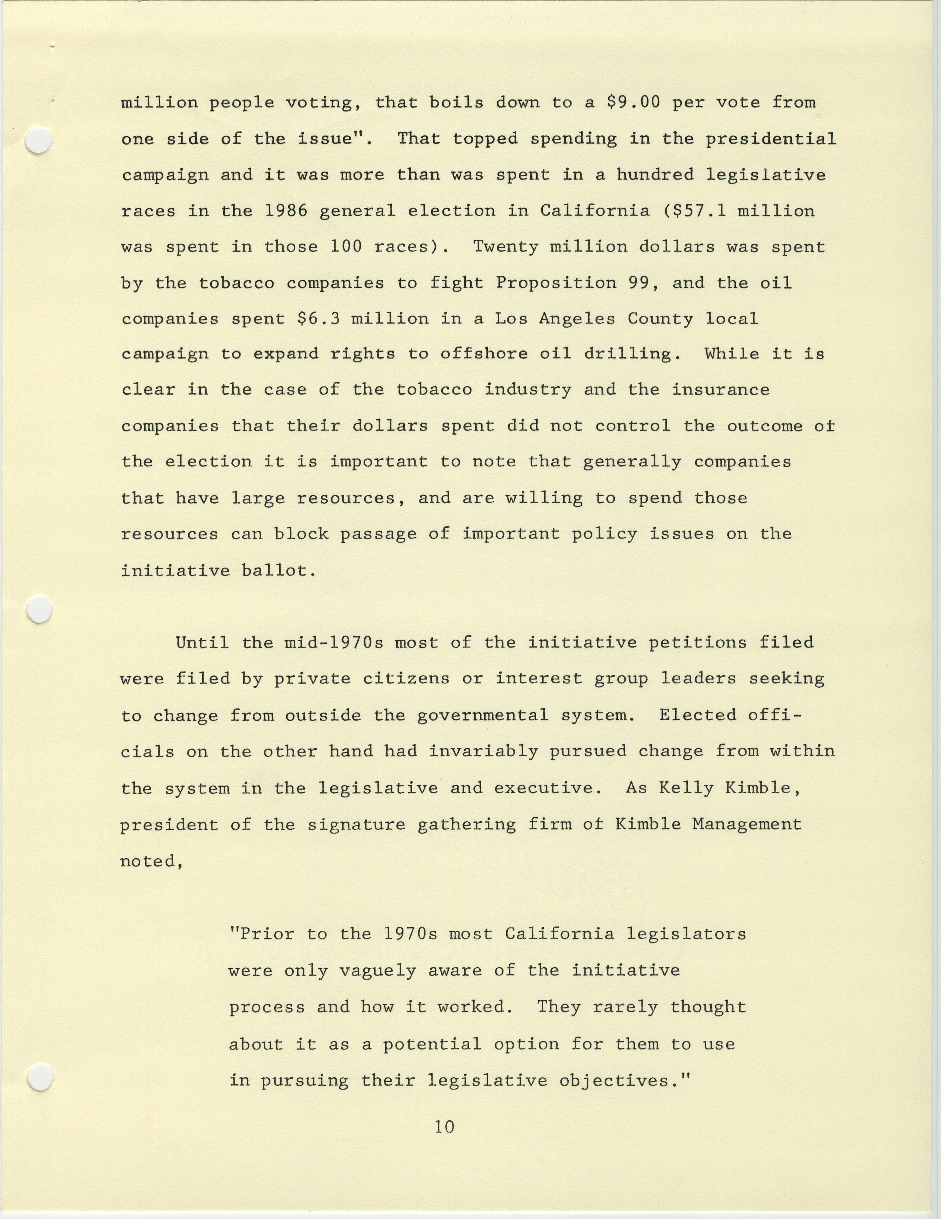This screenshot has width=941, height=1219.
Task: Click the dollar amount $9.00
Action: [632, 103]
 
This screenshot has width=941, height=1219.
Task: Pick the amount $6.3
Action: [318, 319]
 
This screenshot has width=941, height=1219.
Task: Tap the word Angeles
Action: [576, 319]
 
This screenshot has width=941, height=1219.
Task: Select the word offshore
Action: [483, 354]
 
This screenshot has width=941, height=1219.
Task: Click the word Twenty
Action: [505, 247]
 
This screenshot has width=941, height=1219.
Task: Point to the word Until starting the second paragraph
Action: [202, 642]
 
